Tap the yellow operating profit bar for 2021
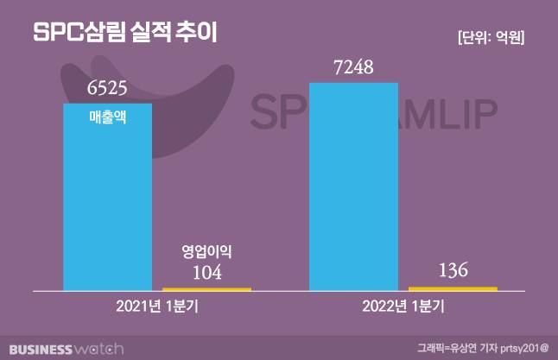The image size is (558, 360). [206, 288]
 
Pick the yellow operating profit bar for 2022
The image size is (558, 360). [453, 287]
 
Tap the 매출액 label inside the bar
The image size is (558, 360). [108, 118]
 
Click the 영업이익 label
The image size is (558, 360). [207, 252]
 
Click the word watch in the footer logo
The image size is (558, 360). [98, 348]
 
